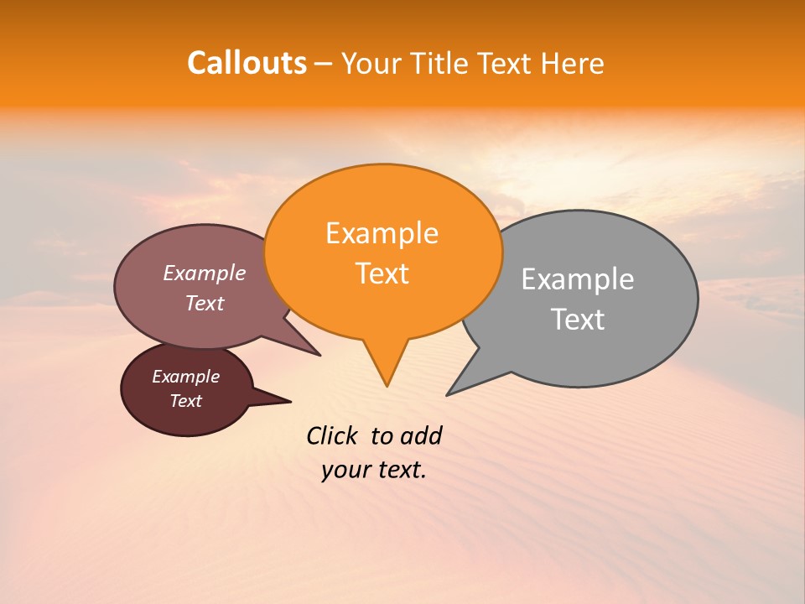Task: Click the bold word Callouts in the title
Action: [247, 63]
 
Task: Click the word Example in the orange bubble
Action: [382, 233]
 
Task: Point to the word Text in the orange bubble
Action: [382, 273]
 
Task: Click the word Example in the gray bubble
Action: [578, 279]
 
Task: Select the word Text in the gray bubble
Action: [578, 320]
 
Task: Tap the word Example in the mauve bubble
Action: [204, 273]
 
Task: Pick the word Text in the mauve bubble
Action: [204, 304]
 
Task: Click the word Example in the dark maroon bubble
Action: [185, 377]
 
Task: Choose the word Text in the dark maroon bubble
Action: [185, 401]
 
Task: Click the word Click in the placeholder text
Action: [333, 435]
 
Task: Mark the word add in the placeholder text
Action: [421, 435]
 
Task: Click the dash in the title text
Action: [324, 64]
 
